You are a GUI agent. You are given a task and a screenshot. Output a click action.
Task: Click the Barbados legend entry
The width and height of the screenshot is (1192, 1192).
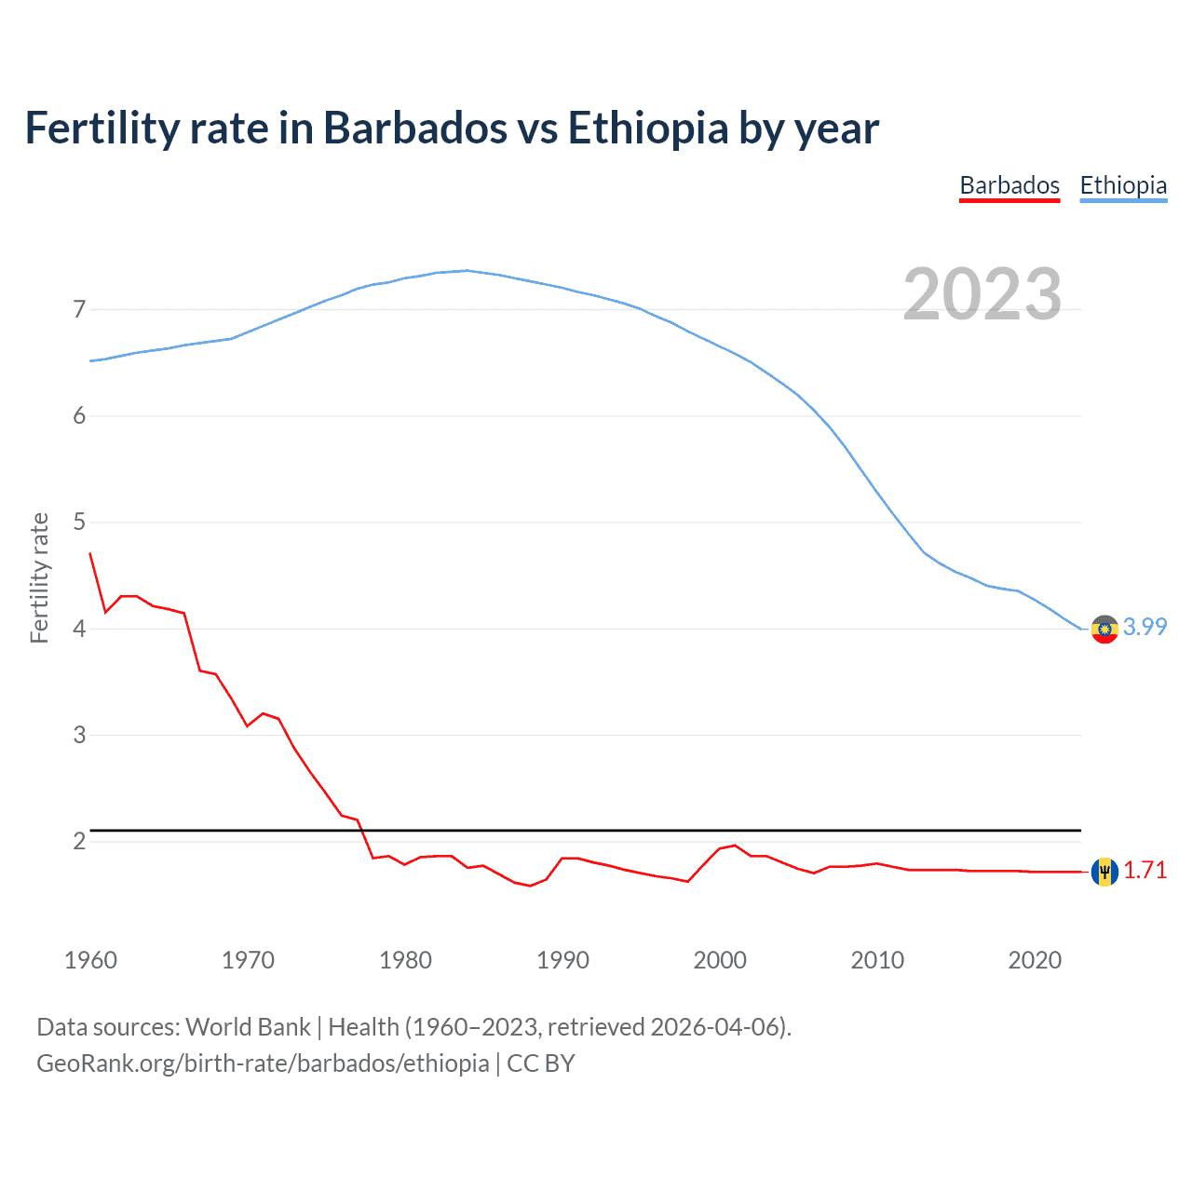click(x=1009, y=185)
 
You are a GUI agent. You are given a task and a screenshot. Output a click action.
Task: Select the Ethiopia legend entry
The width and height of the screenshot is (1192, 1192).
click(x=1123, y=185)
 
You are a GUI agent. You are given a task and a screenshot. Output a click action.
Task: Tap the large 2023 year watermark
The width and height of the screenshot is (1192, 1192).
click(x=982, y=294)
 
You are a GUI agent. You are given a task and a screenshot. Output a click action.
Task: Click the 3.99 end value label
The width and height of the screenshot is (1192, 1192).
click(x=1145, y=627)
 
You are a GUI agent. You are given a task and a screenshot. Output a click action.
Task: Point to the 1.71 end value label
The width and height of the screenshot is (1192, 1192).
click(x=1145, y=870)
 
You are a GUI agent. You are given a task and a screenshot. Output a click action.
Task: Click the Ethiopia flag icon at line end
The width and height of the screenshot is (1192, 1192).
click(x=1104, y=630)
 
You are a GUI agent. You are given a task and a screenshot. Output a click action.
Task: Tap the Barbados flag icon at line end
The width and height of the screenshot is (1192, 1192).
click(x=1104, y=872)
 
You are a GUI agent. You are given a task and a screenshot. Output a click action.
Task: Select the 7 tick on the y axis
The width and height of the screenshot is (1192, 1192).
click(x=79, y=309)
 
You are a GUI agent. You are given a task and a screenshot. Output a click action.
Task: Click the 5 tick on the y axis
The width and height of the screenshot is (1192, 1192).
click(x=79, y=522)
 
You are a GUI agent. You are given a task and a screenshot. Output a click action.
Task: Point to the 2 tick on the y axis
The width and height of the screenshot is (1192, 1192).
click(x=79, y=841)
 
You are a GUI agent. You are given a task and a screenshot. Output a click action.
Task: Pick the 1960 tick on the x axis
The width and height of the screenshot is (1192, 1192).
click(x=90, y=960)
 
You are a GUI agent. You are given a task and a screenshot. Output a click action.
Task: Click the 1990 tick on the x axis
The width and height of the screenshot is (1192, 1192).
click(x=562, y=960)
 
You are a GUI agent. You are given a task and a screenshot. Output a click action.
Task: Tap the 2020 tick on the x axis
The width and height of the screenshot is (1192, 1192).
click(x=1035, y=960)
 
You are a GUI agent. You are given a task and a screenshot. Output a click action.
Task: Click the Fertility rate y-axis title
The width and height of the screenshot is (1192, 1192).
click(x=39, y=577)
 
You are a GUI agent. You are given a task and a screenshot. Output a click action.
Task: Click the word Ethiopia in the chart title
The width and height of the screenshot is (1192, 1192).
click(x=648, y=129)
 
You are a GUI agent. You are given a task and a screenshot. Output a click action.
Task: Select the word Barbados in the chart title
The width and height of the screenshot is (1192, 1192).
click(x=415, y=129)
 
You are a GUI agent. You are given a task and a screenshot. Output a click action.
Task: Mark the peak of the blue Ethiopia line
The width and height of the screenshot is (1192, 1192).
click(x=467, y=270)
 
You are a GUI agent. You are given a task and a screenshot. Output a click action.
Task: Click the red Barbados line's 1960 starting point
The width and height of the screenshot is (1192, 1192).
click(x=90, y=553)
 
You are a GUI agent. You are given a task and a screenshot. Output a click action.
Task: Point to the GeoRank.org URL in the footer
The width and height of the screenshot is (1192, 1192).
click(x=263, y=1063)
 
